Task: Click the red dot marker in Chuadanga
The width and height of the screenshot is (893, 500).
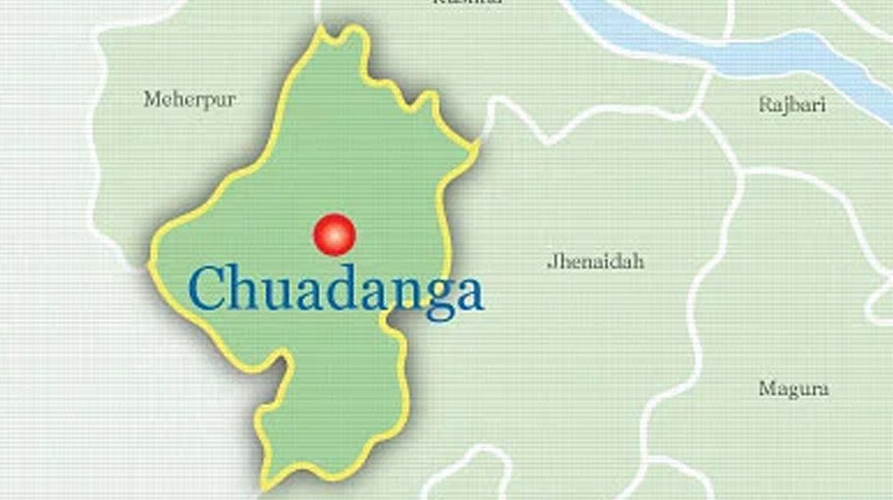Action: click(x=334, y=234)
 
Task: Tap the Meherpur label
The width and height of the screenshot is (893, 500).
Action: click(x=189, y=99)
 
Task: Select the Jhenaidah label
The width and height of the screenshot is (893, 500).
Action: click(x=596, y=262)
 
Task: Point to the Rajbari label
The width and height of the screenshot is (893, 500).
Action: click(x=791, y=105)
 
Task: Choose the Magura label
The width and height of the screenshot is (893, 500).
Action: click(x=793, y=389)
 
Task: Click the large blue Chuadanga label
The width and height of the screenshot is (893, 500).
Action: click(x=337, y=291)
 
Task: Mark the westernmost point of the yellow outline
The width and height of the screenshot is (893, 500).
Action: click(x=149, y=263)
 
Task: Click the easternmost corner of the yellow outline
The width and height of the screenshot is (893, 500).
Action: click(x=479, y=147)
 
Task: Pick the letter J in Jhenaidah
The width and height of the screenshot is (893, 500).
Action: click(x=552, y=262)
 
